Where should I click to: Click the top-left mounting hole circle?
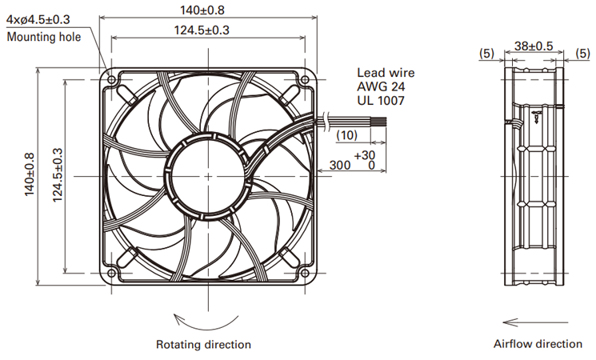click(x=111, y=80)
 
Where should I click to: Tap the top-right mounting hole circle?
click(x=305, y=80)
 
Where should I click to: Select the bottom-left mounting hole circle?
click(x=111, y=273)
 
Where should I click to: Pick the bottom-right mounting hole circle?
click(x=305, y=273)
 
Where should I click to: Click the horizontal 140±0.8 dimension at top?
click(x=202, y=10)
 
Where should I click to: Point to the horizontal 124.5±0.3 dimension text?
click(x=202, y=30)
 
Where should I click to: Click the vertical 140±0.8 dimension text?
click(x=30, y=174)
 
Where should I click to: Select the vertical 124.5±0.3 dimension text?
click(x=57, y=175)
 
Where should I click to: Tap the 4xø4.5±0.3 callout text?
click(x=38, y=19)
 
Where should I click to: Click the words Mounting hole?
click(x=44, y=37)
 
